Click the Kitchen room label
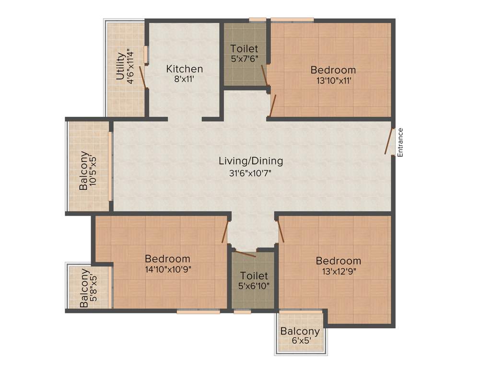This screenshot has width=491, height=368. (x=184, y=69)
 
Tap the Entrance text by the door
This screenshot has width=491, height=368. (x=400, y=142)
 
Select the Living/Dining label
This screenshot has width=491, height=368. (x=251, y=161)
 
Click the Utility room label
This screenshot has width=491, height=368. (x=121, y=66)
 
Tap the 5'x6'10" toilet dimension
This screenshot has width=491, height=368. (x=254, y=286)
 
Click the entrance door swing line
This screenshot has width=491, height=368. (x=389, y=141)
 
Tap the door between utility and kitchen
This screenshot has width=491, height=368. (x=142, y=77)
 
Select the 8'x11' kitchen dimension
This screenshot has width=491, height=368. (x=184, y=80)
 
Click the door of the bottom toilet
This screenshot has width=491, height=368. (x=244, y=253)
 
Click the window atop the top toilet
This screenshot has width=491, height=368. (x=257, y=20)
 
